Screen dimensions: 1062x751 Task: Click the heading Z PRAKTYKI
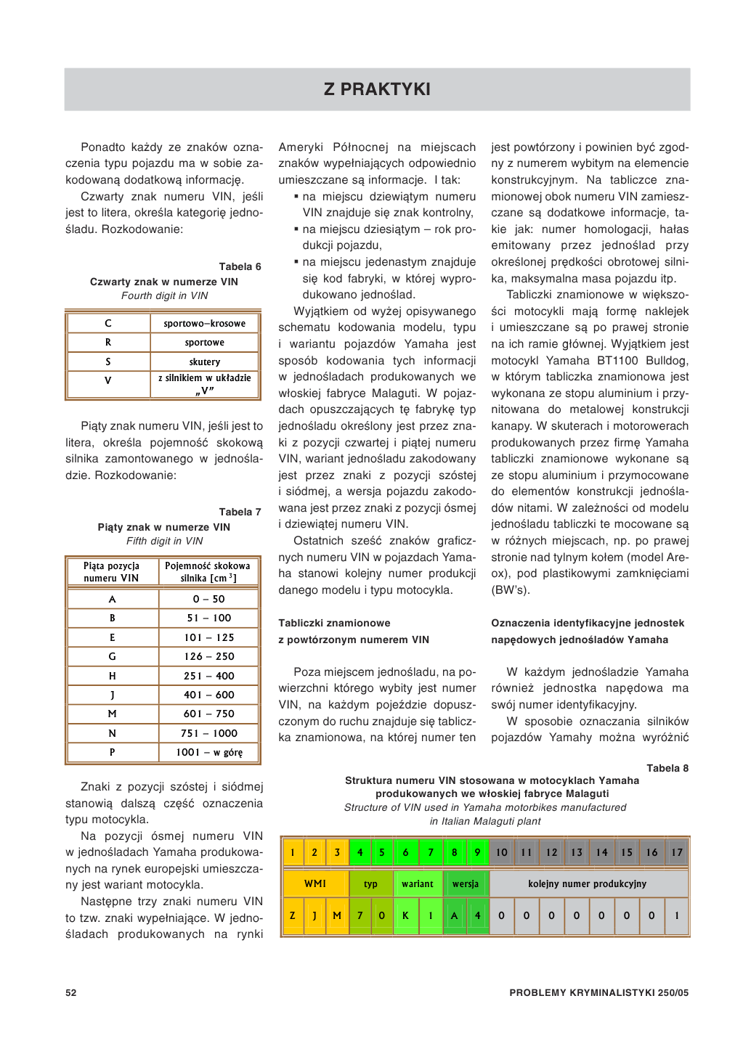tap(377, 89)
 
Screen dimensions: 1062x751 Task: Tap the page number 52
tap(71, 992)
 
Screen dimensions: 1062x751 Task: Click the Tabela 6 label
tap(240, 266)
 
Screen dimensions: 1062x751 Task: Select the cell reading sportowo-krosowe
tap(204, 323)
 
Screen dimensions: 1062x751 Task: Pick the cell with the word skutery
tap(204, 362)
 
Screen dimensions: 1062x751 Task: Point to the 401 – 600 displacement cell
tap(208, 695)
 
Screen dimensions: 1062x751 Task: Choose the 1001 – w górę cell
tap(208, 752)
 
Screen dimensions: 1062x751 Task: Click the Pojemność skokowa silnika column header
tap(208, 572)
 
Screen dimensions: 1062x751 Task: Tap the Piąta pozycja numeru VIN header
tap(111, 572)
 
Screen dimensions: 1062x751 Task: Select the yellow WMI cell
tap(315, 883)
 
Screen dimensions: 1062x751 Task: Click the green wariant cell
tap(417, 883)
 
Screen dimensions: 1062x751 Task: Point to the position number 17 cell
tap(677, 852)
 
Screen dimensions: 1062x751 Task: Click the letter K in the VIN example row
tap(405, 915)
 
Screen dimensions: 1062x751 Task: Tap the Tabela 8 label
tap(667, 768)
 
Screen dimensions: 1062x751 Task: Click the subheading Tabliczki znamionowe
tap(334, 623)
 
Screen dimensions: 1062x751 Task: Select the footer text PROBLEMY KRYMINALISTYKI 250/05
tap(598, 992)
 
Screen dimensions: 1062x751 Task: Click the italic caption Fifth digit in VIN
tap(164, 541)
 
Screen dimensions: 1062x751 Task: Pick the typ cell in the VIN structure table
tap(370, 883)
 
